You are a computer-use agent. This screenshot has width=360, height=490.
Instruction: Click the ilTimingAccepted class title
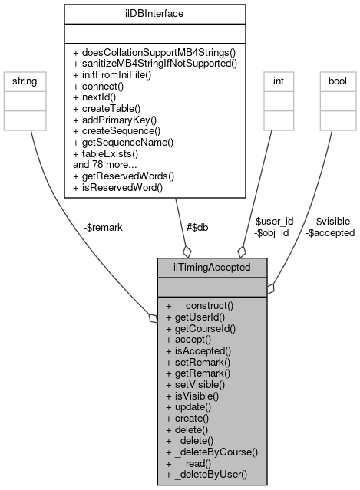212,268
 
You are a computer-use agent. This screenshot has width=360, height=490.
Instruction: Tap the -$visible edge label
332,222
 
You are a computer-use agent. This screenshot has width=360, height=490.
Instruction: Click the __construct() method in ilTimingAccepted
200,305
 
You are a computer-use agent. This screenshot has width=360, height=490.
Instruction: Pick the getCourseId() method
200,327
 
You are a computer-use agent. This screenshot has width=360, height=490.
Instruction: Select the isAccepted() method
199,349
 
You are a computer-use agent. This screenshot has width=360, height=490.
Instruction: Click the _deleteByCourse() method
211,452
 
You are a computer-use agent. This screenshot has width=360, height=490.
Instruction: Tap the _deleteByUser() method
206,474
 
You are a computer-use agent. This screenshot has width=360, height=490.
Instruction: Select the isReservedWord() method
114,186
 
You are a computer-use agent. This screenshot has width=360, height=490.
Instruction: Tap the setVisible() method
196,383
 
